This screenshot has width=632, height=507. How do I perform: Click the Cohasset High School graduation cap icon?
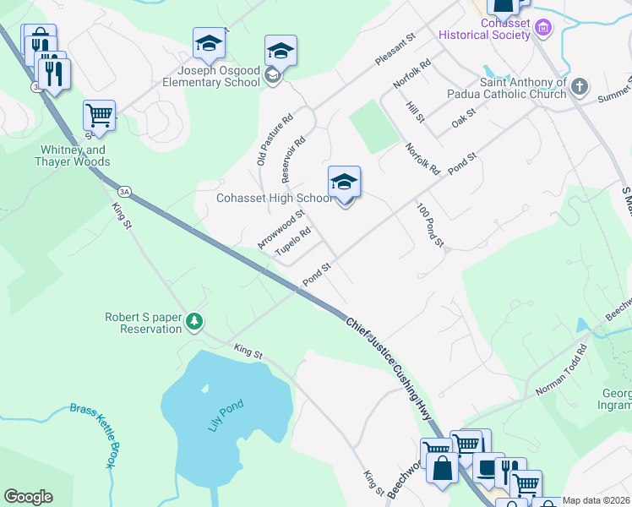click(344, 183)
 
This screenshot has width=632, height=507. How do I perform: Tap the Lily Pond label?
click(226, 416)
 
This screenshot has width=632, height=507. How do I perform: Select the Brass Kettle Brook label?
click(91, 433)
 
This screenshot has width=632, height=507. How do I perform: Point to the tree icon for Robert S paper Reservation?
click(195, 321)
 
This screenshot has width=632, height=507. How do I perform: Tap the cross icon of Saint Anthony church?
click(579, 86)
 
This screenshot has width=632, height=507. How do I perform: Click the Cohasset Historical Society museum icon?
click(544, 30)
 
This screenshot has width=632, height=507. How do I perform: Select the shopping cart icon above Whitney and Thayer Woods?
click(99, 116)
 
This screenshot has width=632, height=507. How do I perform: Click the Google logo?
click(28, 497)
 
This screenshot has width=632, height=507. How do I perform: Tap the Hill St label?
click(413, 111)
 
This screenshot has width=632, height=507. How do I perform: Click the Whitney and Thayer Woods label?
click(74, 155)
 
